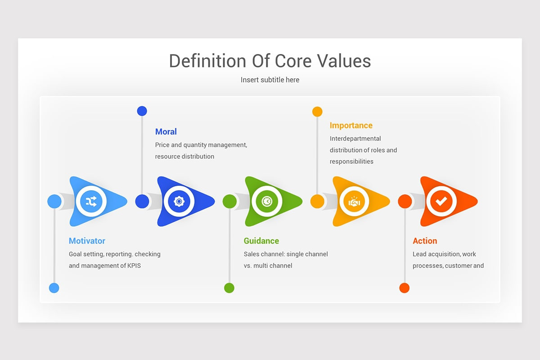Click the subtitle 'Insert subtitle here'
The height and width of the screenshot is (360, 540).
(x=270, y=80)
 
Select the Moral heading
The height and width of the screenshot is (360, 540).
(x=166, y=131)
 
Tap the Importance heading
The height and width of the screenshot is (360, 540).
(x=351, y=126)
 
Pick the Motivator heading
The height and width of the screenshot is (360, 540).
(x=87, y=241)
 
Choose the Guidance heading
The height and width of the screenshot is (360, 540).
(x=261, y=241)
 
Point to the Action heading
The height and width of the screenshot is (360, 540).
(x=424, y=241)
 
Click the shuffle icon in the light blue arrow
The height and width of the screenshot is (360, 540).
(x=91, y=201)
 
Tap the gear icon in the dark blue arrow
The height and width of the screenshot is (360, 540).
(x=179, y=201)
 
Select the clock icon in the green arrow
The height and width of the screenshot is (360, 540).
(x=267, y=201)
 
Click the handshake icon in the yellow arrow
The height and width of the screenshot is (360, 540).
(x=355, y=202)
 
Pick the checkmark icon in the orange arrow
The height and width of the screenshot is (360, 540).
(x=441, y=201)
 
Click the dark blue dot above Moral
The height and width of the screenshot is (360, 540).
(x=142, y=111)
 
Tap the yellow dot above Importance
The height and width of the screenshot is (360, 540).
(x=317, y=112)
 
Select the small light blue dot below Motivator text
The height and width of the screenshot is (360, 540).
(x=54, y=288)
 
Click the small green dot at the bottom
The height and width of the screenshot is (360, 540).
(x=229, y=288)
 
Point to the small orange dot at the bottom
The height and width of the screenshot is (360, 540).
(x=404, y=288)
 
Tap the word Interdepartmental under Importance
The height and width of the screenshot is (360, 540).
(x=355, y=139)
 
